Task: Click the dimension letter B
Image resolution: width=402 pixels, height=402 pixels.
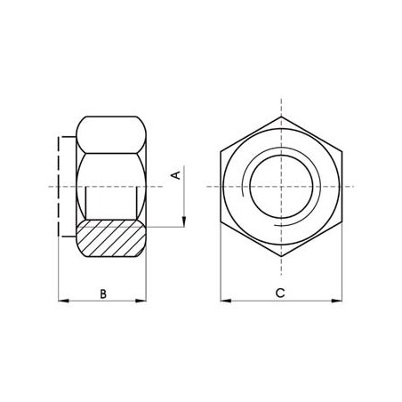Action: (102, 292)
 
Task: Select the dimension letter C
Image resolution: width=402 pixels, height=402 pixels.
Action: (280, 292)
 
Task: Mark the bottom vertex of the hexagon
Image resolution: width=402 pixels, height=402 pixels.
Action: (281, 257)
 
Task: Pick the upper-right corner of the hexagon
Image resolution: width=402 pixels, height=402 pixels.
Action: (342, 150)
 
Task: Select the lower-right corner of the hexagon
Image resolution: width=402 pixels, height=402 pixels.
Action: (342, 221)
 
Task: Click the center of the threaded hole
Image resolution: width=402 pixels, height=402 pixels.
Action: (281, 186)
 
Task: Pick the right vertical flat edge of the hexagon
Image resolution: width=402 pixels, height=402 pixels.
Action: (342, 186)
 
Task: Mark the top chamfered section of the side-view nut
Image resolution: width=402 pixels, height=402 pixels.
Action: (111, 133)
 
